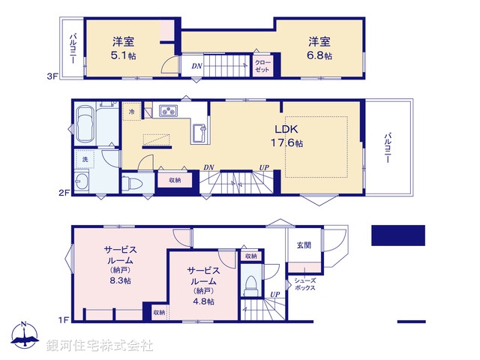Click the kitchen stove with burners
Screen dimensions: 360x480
point(166,112)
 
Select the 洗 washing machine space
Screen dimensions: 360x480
point(84,160)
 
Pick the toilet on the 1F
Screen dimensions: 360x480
point(252,287)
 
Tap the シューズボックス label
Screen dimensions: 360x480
point(304,283)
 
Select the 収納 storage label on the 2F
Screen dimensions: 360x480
point(173,180)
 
